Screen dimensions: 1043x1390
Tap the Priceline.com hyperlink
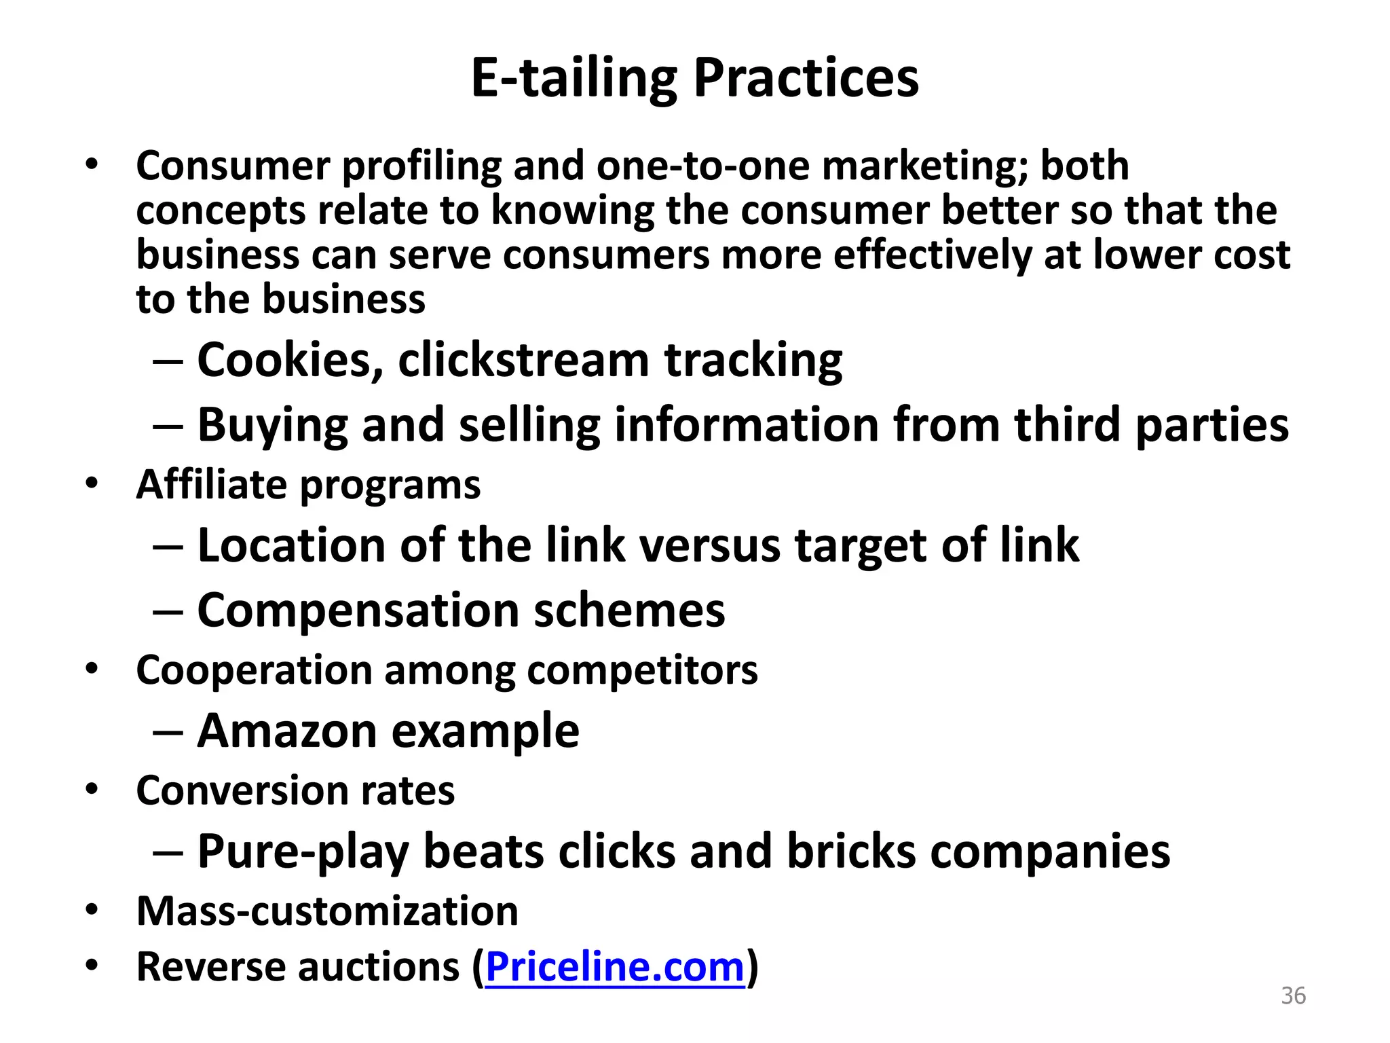click(615, 966)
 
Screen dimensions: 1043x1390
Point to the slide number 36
click(1293, 995)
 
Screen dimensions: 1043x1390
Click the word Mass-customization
click(327, 911)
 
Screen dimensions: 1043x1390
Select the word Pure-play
click(303, 851)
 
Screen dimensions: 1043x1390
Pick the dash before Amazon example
click(168, 732)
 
